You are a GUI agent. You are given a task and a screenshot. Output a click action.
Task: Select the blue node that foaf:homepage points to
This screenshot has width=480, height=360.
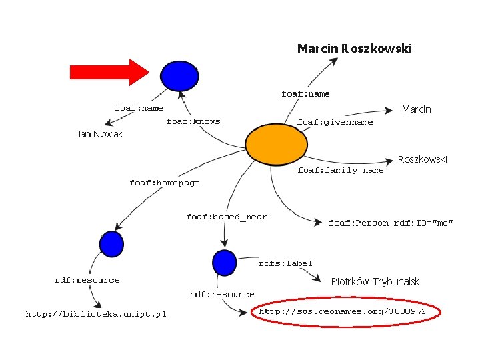pos(111,244)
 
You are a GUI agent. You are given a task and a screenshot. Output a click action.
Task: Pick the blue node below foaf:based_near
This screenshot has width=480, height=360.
pos(223,261)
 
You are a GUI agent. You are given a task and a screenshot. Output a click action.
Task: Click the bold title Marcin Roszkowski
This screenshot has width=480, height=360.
pos(354,48)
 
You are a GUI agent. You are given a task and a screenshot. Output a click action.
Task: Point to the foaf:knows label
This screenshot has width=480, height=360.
pos(193,121)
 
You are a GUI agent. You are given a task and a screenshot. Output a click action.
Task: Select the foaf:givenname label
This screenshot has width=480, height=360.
pos(335,122)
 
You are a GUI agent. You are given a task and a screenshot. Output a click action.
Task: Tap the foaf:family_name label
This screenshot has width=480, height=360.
pos(340,170)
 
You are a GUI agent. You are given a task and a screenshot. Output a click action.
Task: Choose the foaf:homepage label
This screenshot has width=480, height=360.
pos(164,183)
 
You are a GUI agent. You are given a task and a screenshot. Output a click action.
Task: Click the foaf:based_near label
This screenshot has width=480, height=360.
pos(227,217)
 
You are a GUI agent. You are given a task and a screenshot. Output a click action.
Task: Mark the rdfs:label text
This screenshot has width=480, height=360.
pos(285,263)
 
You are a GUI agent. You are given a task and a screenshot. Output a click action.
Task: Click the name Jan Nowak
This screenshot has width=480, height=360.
pos(99,134)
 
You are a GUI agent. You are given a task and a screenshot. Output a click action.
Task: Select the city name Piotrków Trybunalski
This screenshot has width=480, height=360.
pos(377,281)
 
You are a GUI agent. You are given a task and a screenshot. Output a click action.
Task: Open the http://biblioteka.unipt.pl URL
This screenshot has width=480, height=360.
pos(96,313)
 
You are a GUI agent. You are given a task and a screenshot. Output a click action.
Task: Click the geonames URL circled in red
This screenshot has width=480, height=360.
pos(343,311)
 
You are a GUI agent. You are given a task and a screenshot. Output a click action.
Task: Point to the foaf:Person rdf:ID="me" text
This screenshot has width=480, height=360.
pos(391,223)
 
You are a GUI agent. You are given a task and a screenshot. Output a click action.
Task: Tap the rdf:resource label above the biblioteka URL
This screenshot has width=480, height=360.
pos(87,280)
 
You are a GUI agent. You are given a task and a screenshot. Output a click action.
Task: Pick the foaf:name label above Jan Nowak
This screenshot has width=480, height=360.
pos(139,108)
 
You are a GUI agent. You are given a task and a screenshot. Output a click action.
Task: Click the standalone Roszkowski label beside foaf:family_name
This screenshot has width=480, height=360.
pos(423,159)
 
